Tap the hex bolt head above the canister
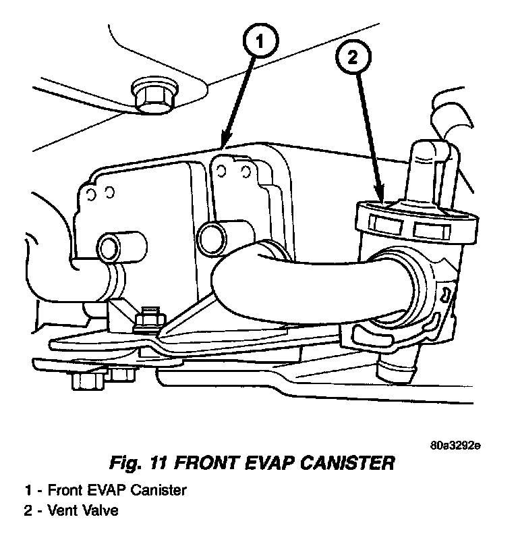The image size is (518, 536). pyautogui.click(x=152, y=98)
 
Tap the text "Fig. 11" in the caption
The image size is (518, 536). pyautogui.click(x=139, y=464)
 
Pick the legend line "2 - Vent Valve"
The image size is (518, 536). pyautogui.click(x=71, y=510)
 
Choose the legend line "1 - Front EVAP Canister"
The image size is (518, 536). pyautogui.click(x=105, y=490)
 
